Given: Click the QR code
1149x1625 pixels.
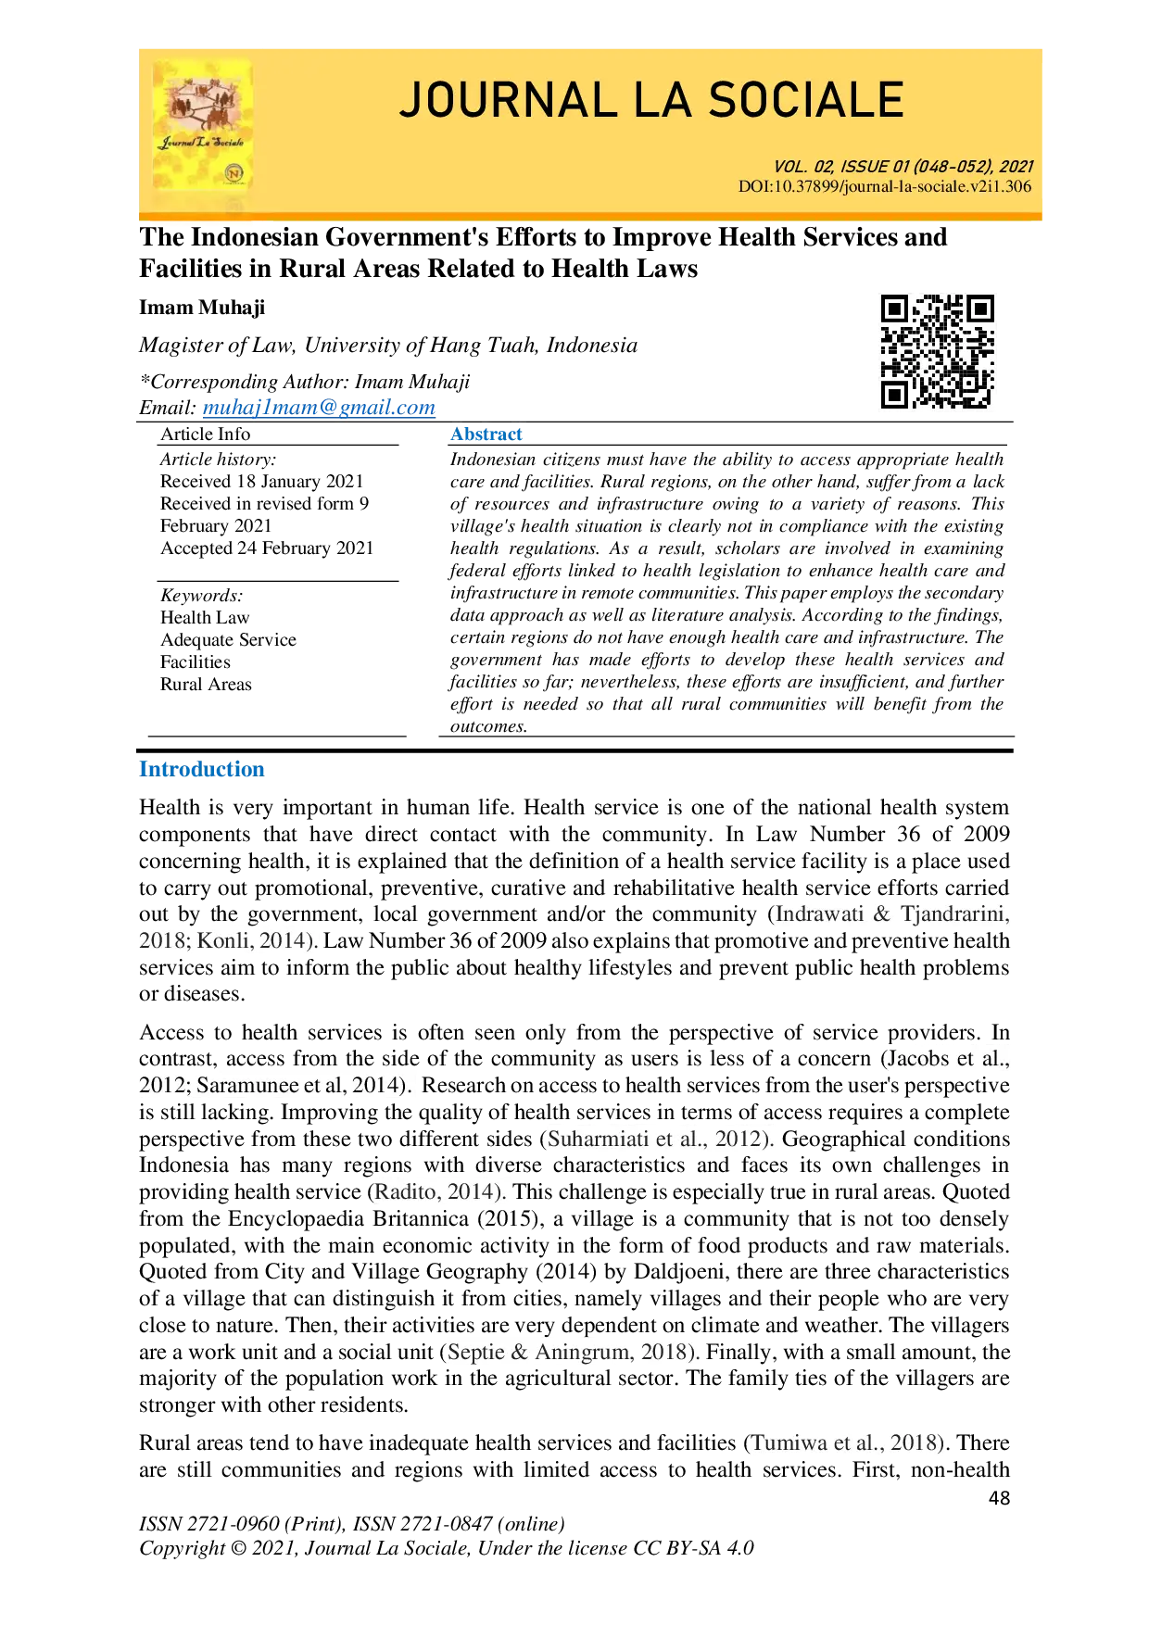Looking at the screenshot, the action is [x=937, y=351].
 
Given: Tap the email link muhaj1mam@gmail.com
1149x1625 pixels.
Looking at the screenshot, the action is [x=319, y=408].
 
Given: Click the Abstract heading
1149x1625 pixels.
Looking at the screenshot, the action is [x=486, y=434].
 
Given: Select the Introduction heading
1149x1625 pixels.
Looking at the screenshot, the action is [x=202, y=769].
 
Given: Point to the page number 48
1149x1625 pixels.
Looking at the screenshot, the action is [x=999, y=1498].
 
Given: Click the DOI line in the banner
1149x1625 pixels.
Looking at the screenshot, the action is [x=884, y=186].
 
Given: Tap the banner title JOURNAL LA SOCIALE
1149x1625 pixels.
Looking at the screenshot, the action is [x=651, y=101].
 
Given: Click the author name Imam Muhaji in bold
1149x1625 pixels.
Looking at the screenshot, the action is [x=202, y=308].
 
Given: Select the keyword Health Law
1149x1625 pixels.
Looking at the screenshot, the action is [x=205, y=618].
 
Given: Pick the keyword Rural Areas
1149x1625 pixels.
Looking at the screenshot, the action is [x=206, y=685].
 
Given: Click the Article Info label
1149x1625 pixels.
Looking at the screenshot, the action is [x=205, y=435].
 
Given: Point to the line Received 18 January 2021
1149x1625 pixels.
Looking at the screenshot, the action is [x=262, y=482].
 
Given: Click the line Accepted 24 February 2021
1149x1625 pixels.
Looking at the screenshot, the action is [x=267, y=548].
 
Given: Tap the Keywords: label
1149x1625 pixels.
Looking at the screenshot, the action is [x=201, y=596].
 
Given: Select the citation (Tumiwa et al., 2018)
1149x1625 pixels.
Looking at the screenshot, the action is [x=846, y=1443].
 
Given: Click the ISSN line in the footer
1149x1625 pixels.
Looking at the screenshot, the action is [x=352, y=1524].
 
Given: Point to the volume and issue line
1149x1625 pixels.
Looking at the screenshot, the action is [x=903, y=167].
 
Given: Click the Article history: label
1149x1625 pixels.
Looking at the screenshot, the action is [x=218, y=460].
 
